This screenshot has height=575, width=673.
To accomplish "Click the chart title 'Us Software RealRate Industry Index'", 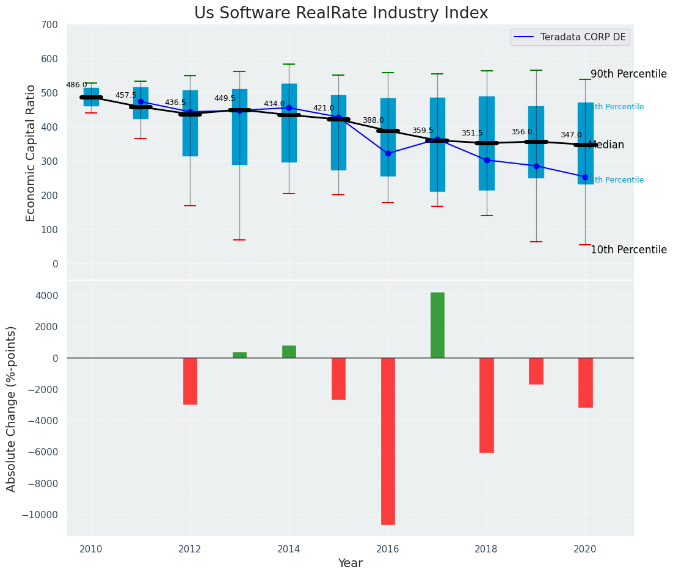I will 341,13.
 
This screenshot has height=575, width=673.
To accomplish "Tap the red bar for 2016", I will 388,441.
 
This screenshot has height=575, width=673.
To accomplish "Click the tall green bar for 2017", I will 437,325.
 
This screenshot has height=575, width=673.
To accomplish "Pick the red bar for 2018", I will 487,405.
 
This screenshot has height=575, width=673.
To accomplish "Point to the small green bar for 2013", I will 239,355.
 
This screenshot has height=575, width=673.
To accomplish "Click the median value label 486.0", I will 76,85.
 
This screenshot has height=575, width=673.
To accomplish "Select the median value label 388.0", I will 373,120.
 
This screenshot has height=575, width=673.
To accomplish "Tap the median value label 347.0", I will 571,135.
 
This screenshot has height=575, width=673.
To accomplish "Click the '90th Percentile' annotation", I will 628,74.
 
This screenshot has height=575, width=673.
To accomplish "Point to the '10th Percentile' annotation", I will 628,250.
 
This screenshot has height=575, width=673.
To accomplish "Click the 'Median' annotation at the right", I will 606,145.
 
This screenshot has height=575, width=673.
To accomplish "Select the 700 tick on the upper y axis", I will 50,24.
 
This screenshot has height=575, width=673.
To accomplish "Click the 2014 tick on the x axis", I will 289,548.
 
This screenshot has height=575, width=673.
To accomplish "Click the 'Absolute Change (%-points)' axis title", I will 12,408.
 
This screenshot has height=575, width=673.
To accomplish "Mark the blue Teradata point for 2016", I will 388,153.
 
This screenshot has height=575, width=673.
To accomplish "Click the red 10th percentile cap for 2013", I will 239,240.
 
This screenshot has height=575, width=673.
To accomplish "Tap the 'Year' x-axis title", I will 351,563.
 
